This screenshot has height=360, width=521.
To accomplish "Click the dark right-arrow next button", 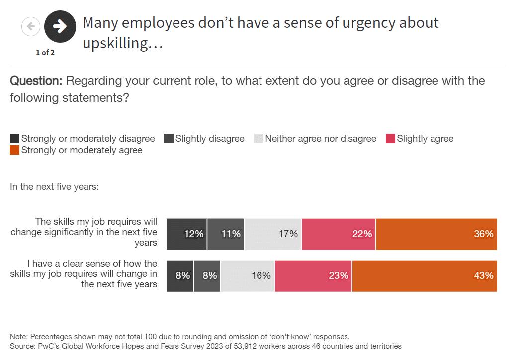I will click(60, 26).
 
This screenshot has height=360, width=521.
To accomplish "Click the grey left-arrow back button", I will click(31, 26).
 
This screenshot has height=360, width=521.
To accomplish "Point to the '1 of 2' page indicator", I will click(45, 53).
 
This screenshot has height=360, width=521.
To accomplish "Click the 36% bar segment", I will click(436, 234).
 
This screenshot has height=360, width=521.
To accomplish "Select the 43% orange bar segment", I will click(425, 275).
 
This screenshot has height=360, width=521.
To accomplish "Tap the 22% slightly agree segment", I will click(339, 234).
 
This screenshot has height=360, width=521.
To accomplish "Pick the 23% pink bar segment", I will click(313, 275).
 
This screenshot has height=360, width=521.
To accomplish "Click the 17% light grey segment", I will click(273, 234).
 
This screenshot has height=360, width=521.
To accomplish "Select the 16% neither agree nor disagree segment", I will click(248, 275).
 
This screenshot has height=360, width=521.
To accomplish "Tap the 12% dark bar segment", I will click(186, 234).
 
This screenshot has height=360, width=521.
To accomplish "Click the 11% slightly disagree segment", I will click(226, 234).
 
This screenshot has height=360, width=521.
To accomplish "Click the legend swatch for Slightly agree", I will click(390, 139).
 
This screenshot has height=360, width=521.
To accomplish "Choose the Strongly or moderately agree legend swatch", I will click(15, 150).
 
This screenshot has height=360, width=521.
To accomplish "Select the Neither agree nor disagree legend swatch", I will click(259, 139).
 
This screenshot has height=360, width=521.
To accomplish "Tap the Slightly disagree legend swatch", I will click(169, 139).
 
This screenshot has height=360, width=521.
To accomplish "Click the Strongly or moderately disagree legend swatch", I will click(15, 139).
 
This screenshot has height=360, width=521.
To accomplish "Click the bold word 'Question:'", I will click(36, 81).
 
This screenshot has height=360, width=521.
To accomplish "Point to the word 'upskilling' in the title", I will click(115, 43).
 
